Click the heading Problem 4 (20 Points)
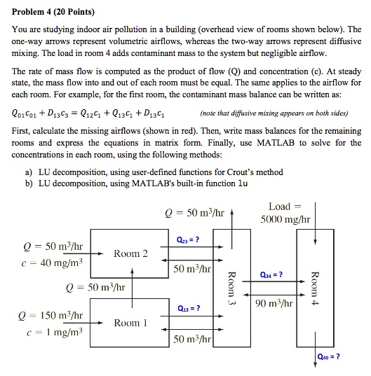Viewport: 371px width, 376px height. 53,12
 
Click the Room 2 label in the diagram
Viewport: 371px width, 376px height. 131,253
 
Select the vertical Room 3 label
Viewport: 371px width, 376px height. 231,288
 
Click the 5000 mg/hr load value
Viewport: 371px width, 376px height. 285,219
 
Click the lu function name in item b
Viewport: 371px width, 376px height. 243,183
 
